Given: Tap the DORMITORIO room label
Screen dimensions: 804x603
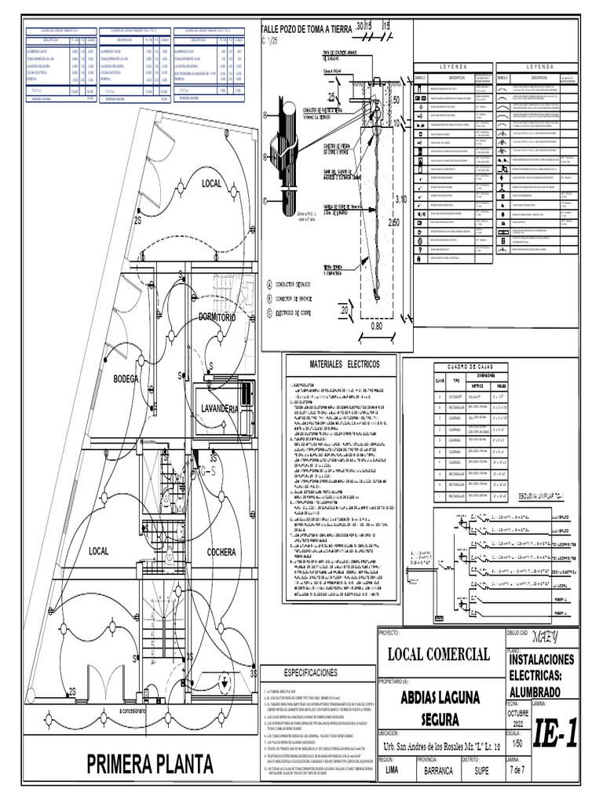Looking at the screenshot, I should click(x=224, y=317).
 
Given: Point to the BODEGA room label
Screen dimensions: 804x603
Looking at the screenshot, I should click(x=126, y=379).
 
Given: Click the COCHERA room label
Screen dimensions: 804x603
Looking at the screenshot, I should click(x=221, y=553).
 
